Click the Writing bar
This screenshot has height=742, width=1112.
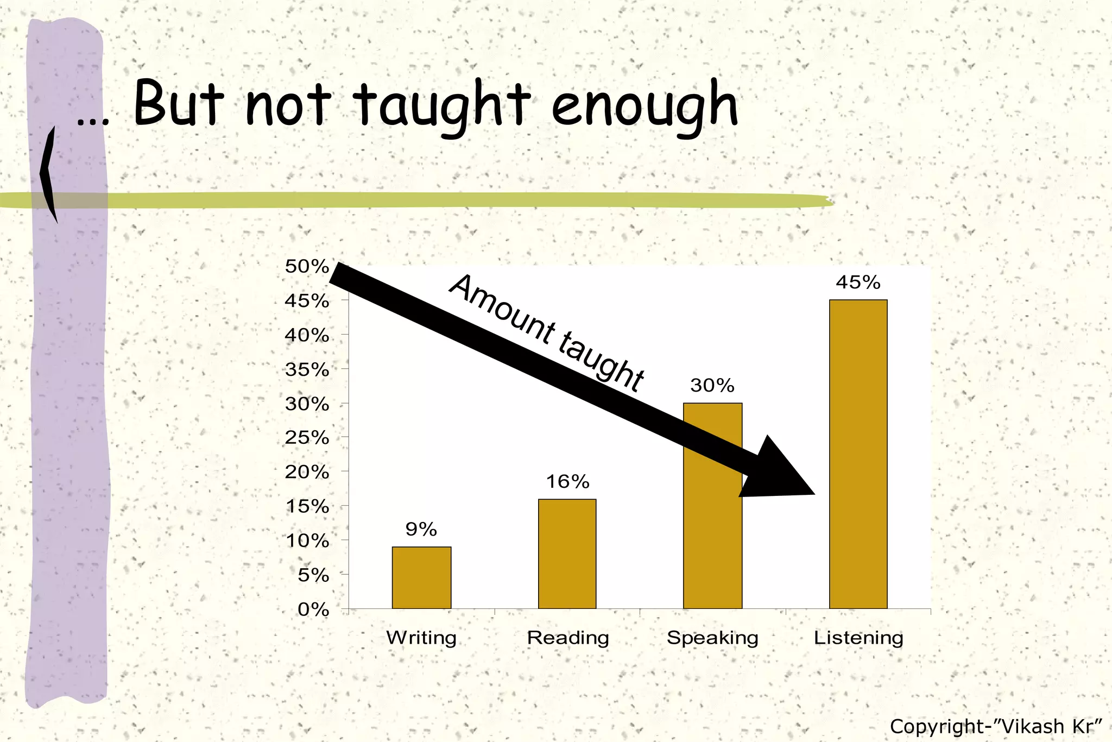pyautogui.click(x=421, y=577)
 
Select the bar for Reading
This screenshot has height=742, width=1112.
pyautogui.click(x=567, y=554)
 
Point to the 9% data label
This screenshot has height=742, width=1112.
pyautogui.click(x=421, y=529)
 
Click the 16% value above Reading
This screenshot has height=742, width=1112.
pyautogui.click(x=567, y=481)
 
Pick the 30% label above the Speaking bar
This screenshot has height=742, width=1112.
pyautogui.click(x=712, y=386)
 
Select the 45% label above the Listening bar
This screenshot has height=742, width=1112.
pyautogui.click(x=858, y=282)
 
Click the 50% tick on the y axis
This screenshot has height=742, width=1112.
pyautogui.click(x=307, y=267)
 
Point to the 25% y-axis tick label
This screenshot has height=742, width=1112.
pyautogui.click(x=307, y=438)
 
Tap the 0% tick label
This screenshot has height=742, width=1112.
pyautogui.click(x=313, y=609)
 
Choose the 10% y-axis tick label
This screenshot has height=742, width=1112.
pyautogui.click(x=307, y=541)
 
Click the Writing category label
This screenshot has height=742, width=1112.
pyautogui.click(x=421, y=638)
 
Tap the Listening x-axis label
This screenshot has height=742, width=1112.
pyautogui.click(x=858, y=638)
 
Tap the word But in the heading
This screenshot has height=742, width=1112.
pyautogui.click(x=179, y=103)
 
